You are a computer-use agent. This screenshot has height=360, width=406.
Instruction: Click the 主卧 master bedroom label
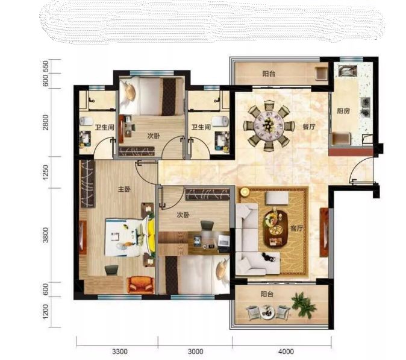click(x=124, y=189)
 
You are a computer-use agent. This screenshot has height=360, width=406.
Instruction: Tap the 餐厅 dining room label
click(x=309, y=127)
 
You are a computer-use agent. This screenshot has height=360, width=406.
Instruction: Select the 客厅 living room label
click(x=296, y=229)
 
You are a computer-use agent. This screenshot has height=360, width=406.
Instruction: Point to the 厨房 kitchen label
click(x=343, y=111)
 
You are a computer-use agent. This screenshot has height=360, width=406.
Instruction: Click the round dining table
click(x=269, y=126)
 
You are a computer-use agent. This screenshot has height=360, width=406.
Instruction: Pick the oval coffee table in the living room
click(x=276, y=229)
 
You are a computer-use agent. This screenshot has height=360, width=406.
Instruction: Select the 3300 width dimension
click(x=120, y=352)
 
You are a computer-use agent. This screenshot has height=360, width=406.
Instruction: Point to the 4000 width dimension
click(x=286, y=352)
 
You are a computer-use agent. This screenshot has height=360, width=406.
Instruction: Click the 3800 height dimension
click(x=46, y=235)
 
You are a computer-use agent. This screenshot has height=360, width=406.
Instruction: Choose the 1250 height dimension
click(x=46, y=172)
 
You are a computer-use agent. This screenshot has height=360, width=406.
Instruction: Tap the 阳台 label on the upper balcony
click(x=269, y=74)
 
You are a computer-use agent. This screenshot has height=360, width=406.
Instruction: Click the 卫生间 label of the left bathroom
click(x=104, y=127)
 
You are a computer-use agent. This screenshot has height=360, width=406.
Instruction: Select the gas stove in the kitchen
click(x=365, y=107)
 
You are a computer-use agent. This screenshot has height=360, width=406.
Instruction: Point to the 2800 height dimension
click(x=46, y=122)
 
